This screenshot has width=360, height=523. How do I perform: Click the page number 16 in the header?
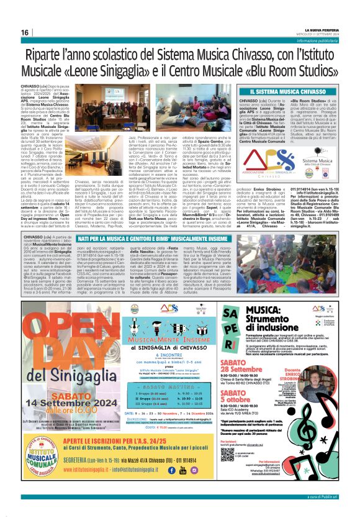[x=25, y=32]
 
